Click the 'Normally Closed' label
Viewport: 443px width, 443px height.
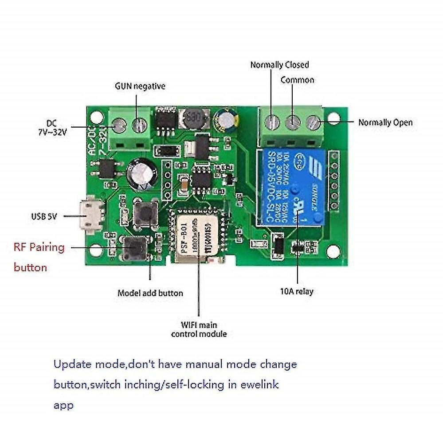pos(279,65)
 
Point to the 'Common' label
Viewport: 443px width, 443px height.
pos(297,80)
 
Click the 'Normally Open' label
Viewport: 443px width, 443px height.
pos(385,122)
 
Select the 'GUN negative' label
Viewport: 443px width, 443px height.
pos(140,86)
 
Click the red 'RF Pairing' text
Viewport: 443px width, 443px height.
pos(39,247)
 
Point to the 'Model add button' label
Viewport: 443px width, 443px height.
pos(150,293)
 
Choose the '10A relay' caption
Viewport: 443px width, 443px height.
pos(297,291)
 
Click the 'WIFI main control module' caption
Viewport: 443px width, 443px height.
pos(199,329)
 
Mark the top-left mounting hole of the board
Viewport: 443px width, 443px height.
pos(94,118)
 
